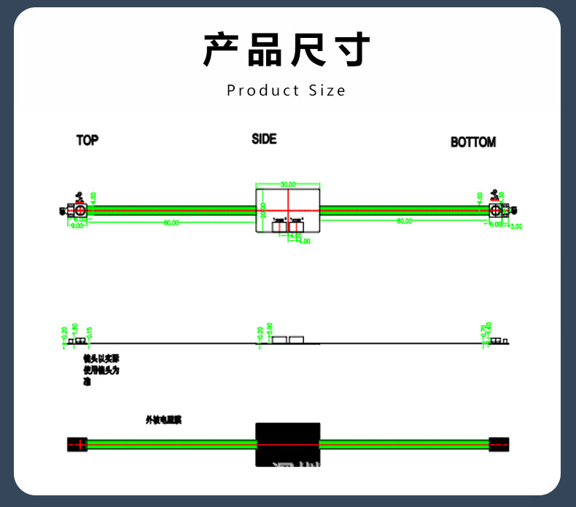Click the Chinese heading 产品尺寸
287,50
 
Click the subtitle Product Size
287,90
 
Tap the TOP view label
87,140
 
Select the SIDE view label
264,139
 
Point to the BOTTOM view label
472,142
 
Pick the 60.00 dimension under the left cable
171,222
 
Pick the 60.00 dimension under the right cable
404,221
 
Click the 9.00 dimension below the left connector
77,226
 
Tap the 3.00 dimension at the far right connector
516,226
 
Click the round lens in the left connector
79,210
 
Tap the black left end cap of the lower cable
77,444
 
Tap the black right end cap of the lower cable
499,444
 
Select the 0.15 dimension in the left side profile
89,333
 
